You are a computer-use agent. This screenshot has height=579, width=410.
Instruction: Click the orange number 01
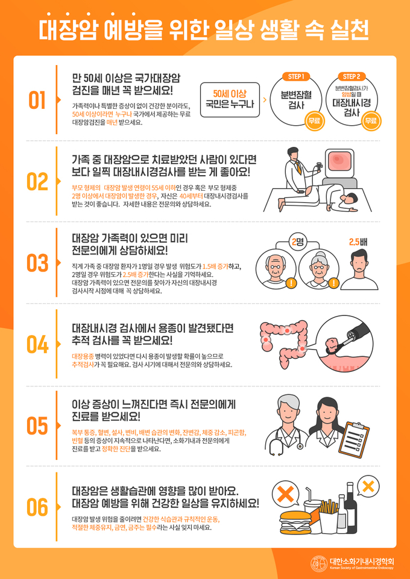pos(37,101)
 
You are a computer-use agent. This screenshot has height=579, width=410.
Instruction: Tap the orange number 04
pos(37,344)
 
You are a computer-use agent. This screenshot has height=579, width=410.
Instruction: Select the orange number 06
pos(37,507)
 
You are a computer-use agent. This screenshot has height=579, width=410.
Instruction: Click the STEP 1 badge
pos(296,76)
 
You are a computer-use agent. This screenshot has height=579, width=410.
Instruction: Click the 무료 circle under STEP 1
pos(314,121)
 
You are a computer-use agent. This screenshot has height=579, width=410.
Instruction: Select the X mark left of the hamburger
pos(284,495)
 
